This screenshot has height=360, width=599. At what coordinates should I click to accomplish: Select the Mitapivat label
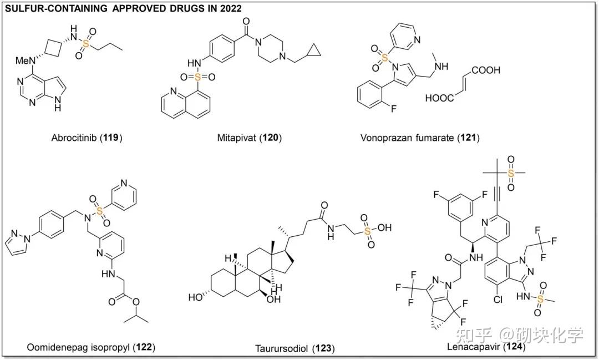click(x=241, y=137)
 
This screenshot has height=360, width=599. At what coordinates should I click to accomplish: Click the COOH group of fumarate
click(x=486, y=70)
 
